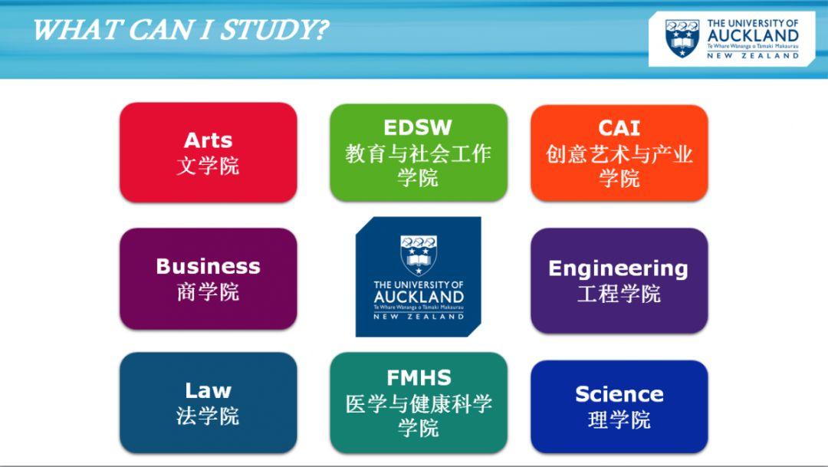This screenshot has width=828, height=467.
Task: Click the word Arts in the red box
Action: [208, 140]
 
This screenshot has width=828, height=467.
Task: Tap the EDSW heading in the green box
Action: [418, 128]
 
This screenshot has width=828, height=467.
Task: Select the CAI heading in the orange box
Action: [619, 128]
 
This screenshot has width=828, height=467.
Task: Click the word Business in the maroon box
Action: [208, 266]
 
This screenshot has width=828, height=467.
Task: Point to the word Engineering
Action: [619, 269]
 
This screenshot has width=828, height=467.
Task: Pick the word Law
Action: [208, 391]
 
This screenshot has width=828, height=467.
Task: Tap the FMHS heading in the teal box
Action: [419, 378]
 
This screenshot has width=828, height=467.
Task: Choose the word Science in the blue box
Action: [619, 395]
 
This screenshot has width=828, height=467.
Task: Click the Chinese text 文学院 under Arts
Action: [208, 166]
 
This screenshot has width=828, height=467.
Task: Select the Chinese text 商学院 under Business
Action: [208, 291]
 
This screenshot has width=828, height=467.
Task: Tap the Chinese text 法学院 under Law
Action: [208, 416]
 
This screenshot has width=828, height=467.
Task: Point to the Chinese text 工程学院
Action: [619, 294]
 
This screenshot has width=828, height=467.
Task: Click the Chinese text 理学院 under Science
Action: [619, 420]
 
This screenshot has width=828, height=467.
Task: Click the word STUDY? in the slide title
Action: [274, 30]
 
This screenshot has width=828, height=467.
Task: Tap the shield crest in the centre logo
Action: [419, 255]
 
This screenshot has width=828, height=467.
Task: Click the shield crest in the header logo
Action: [682, 38]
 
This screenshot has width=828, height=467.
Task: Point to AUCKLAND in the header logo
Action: [753, 36]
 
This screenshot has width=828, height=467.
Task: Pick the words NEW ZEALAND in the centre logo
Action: [419, 317]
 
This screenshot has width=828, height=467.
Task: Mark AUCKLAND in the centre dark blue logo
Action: [419, 298]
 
